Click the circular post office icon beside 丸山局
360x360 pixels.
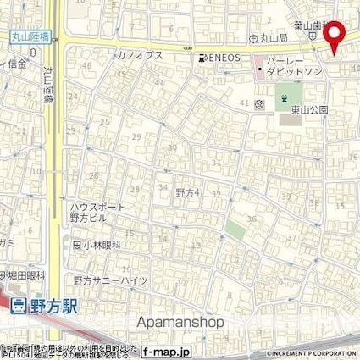[x=253, y=39]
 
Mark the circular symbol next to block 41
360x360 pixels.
[x=258, y=104]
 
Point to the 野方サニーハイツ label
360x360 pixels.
[x=110, y=280]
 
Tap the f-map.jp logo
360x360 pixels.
[x=168, y=351]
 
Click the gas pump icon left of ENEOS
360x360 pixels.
[x=202, y=58]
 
